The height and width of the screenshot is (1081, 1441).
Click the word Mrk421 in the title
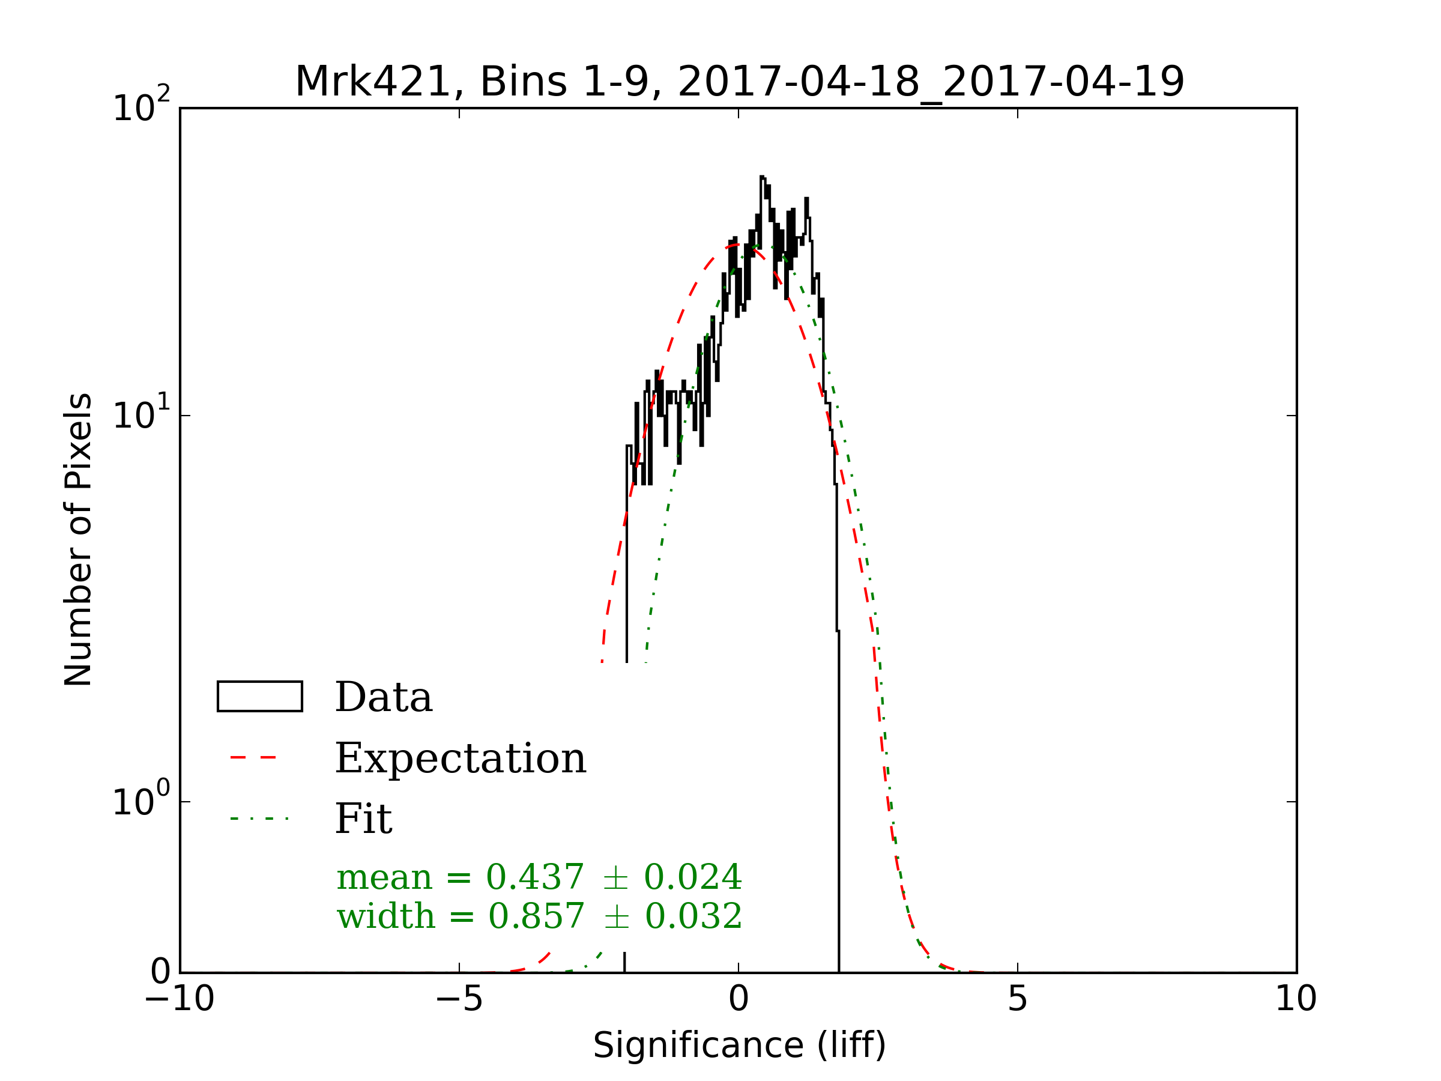[x=373, y=82]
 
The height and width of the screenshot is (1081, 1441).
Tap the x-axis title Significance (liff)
[x=739, y=1045]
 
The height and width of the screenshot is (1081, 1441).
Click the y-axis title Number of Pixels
[x=78, y=539]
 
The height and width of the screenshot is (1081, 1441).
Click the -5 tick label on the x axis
[x=459, y=999]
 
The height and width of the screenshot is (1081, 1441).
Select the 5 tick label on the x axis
[x=1018, y=999]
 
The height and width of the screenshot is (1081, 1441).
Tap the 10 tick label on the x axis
[x=1296, y=999]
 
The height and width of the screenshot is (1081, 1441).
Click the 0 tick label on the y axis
[x=160, y=972]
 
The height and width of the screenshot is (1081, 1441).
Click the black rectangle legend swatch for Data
[x=260, y=697]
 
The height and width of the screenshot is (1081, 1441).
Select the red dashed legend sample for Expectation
[x=254, y=757]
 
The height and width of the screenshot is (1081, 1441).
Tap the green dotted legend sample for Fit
[x=259, y=819]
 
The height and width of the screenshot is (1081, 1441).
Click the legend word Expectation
[x=461, y=759]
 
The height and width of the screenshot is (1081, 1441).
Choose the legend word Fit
[x=363, y=819]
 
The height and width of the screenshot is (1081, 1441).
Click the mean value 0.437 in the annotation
[x=535, y=877]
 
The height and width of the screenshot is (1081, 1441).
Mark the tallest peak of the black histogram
[x=761, y=177]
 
